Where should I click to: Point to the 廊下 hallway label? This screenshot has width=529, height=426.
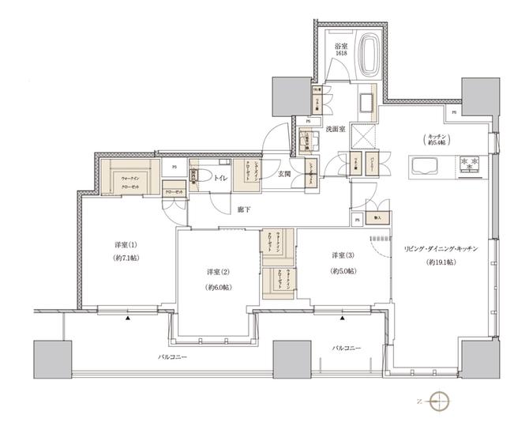pos(243,209)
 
